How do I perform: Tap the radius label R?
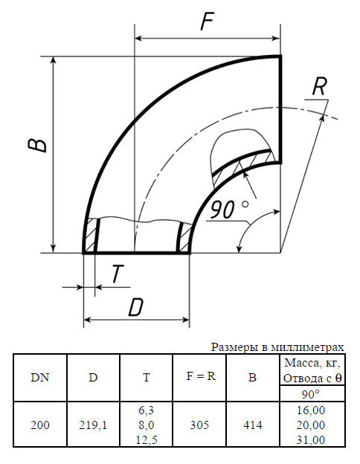(319, 86)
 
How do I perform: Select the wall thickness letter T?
(117, 274)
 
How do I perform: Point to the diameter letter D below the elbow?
(135, 306)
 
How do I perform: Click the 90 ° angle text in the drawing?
(229, 210)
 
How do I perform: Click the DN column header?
(40, 377)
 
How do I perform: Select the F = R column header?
(200, 376)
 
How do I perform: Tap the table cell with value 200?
(40, 425)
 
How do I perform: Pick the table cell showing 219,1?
(93, 425)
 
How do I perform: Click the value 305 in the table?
(200, 425)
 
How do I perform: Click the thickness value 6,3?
(146, 410)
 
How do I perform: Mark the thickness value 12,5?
(146, 439)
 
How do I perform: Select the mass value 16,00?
(310, 410)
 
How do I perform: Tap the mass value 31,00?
(310, 439)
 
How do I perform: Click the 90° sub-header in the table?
(310, 393)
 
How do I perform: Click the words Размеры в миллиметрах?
(278, 347)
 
